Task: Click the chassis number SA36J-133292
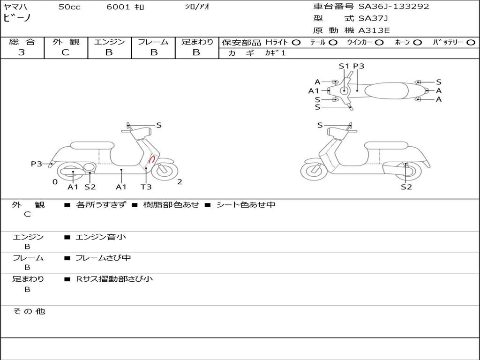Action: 394,7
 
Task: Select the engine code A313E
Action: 374,31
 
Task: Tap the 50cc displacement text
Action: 69,7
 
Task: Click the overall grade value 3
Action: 22,52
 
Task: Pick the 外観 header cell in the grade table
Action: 66,42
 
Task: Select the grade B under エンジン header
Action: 109,52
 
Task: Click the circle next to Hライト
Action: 296,42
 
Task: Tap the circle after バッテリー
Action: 471,42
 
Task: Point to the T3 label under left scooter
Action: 146,187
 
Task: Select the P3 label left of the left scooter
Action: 37,164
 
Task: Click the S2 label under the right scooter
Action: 406,187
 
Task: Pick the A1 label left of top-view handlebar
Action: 314,91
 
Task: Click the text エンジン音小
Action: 101,237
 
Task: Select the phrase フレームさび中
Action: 103,258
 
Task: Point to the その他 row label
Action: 29,311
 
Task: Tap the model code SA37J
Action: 373,19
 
